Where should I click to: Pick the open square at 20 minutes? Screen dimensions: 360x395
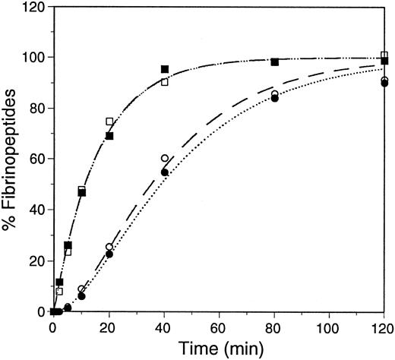point(109,122)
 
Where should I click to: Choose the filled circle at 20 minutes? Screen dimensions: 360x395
point(109,254)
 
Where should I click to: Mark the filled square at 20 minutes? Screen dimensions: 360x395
point(109,136)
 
